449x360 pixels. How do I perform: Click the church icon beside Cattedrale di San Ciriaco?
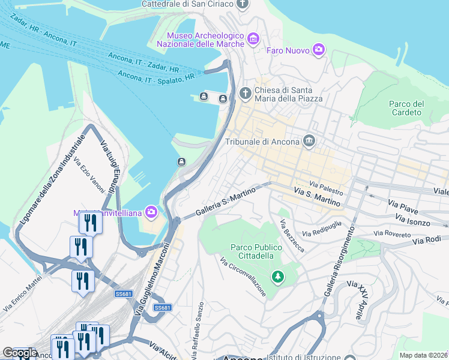pyautogui.click(x=243, y=5)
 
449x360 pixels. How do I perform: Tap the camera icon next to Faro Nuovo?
pyautogui.click(x=319, y=50)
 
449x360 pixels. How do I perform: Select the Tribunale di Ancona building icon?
pyautogui.click(x=309, y=141)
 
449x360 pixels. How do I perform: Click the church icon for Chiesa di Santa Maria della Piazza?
pyautogui.click(x=245, y=94)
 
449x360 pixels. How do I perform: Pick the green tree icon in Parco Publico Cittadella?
pyautogui.click(x=277, y=277)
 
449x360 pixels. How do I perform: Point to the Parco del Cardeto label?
pyautogui.click(x=406, y=108)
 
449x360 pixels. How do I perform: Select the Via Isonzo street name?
pyautogui.click(x=414, y=222)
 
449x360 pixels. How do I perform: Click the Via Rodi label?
pyautogui.click(x=427, y=240)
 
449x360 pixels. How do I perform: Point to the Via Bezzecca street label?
pyautogui.click(x=292, y=235)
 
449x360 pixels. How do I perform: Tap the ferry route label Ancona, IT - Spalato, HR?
pyautogui.click(x=157, y=76)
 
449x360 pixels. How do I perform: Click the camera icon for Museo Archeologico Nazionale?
pyautogui.click(x=253, y=40)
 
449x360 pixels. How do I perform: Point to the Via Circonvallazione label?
pyautogui.click(x=243, y=277)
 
